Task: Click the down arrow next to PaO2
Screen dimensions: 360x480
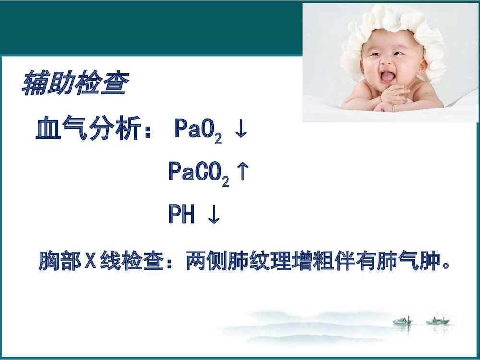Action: (x=240, y=131)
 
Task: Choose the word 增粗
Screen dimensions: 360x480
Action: (x=312, y=262)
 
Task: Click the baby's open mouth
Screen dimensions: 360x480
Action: (x=388, y=77)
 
